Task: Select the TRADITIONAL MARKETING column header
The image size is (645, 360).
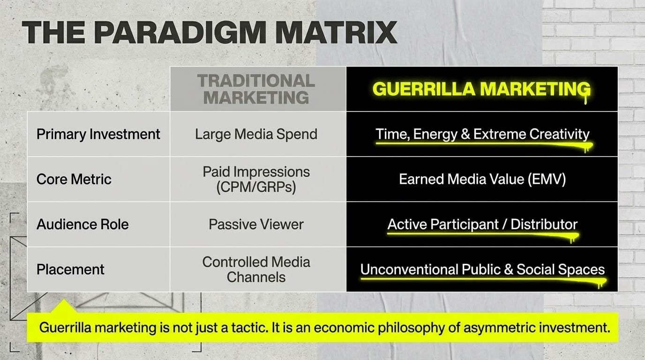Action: (256, 89)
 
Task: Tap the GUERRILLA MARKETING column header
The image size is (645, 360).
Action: (481, 89)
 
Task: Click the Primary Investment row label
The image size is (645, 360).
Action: (98, 134)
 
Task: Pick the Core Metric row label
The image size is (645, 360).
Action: (74, 179)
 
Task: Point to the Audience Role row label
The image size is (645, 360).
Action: (82, 224)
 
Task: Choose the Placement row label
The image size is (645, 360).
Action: (70, 270)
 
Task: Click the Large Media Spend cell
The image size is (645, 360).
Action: (256, 134)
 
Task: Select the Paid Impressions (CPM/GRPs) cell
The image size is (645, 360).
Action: (256, 179)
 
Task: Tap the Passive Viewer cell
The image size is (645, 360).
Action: (256, 224)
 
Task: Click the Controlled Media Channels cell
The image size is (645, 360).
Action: (256, 270)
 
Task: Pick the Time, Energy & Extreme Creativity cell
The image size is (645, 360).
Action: (482, 134)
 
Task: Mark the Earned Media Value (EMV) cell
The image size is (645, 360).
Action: (482, 179)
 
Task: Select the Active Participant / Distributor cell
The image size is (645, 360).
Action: (482, 224)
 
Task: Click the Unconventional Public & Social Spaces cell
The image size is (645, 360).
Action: (482, 270)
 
